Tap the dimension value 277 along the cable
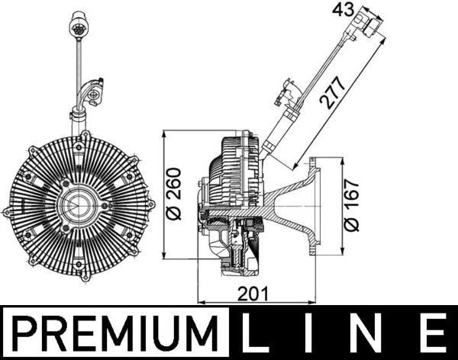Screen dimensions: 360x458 coord(333,95)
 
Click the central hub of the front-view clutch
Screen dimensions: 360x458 coord(79,204)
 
